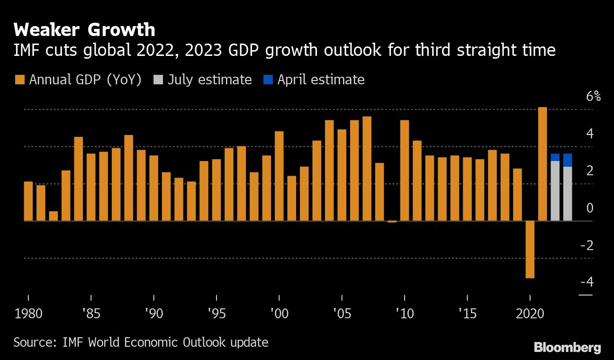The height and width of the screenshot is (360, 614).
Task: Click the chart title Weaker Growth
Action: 84,30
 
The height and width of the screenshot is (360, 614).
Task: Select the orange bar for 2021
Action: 542,163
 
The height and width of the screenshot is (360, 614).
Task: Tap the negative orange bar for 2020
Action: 530,249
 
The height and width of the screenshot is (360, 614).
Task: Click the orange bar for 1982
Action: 54,216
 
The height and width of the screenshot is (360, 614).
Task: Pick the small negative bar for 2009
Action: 392,221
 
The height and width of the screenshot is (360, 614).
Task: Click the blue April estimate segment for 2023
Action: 568,160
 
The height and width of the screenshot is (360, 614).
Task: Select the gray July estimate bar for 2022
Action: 555,191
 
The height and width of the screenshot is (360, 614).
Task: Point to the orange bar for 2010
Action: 405,171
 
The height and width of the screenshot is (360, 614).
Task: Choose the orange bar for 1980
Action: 28,201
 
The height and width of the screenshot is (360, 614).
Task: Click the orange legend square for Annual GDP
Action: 19,80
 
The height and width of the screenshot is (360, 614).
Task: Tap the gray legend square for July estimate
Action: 157,80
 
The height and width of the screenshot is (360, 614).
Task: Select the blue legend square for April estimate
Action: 268,80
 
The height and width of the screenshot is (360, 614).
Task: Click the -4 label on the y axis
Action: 587,282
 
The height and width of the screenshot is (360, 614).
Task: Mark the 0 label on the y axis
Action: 589,208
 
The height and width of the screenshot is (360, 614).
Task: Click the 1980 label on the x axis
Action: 28,314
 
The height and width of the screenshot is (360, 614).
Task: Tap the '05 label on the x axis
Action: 342,314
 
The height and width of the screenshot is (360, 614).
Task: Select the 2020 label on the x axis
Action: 530,314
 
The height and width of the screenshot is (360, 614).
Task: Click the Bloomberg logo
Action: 568,348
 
